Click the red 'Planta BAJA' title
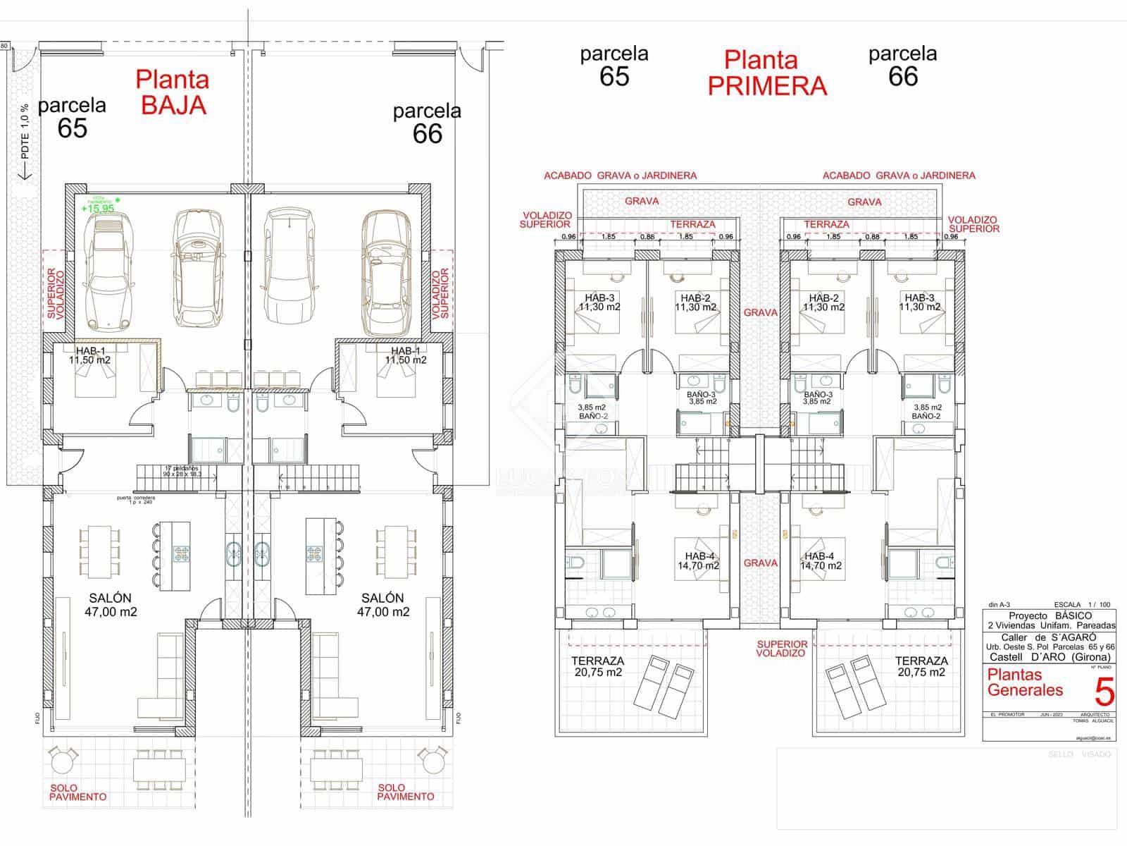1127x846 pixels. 173,92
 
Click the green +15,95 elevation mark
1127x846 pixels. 97,208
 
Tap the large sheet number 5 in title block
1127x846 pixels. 1104,692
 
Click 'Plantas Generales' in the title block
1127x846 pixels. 1025,682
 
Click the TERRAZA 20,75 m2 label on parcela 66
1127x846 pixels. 921,666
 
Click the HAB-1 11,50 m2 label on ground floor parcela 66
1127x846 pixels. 406,355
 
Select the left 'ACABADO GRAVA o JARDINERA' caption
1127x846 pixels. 620,176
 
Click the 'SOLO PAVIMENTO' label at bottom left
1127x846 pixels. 77,792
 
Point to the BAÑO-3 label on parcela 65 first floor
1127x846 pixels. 702,398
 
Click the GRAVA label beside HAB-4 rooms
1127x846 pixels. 761,563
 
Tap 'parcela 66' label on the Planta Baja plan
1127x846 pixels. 427,123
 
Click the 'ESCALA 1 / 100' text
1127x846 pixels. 1082,604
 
